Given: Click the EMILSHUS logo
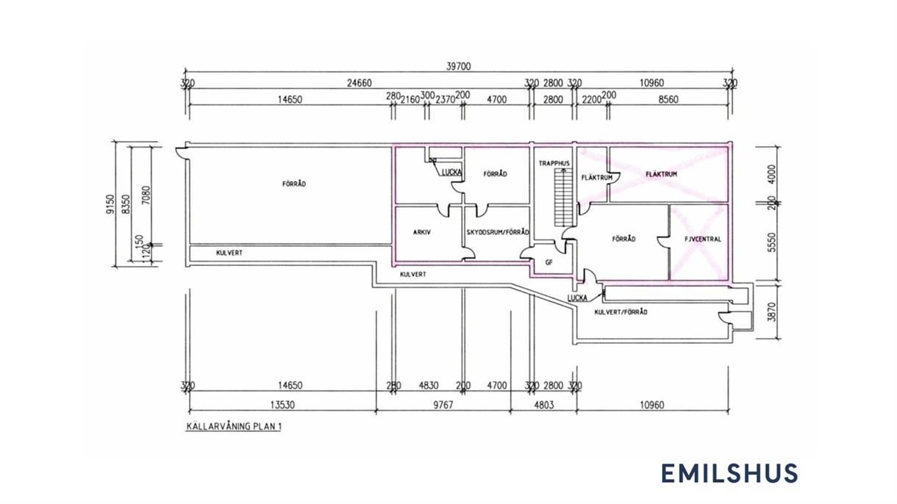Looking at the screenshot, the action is (x=729, y=473).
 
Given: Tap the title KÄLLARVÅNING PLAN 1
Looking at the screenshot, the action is (x=234, y=426).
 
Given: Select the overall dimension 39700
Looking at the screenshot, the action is (x=459, y=66).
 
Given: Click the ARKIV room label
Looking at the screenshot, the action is (x=422, y=232).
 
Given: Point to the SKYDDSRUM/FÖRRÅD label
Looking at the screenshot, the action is (x=498, y=232).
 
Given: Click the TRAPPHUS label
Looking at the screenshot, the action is (x=554, y=163).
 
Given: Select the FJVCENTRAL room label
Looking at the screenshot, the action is (x=703, y=240).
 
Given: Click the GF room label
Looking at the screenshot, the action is (x=549, y=262).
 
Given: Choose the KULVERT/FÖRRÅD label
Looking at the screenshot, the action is (x=621, y=312).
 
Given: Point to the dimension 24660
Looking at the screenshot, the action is (x=360, y=83).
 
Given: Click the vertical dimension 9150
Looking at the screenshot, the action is (x=110, y=204).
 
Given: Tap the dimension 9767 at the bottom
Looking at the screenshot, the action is (x=443, y=406).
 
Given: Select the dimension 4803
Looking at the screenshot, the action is (x=544, y=406).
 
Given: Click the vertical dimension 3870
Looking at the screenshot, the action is (x=773, y=312).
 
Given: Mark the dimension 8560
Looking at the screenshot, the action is (x=668, y=100).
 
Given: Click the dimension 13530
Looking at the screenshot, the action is (x=282, y=406).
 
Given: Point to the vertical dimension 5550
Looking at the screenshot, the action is (x=773, y=242).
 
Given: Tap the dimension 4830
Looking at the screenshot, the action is (x=429, y=386).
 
